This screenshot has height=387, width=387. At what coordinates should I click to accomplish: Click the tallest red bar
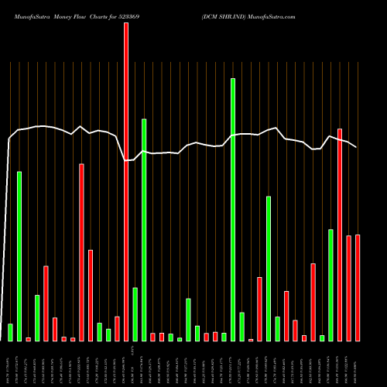(126, 182)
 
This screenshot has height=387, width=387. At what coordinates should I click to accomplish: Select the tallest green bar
(233, 209)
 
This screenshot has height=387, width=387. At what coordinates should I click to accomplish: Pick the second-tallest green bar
(144, 229)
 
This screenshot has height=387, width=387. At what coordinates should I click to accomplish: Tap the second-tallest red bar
(340, 235)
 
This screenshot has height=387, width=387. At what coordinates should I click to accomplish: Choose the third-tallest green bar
(19, 255)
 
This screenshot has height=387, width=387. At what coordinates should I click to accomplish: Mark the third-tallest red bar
(81, 252)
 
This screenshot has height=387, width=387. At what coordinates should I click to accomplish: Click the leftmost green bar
(10, 332)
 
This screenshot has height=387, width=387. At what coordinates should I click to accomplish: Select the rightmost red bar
(358, 288)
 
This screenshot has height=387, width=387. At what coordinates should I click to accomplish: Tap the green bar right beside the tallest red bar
(135, 314)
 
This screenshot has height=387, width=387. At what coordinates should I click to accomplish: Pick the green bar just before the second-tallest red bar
(331, 285)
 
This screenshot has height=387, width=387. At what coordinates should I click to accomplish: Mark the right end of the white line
(357, 146)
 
